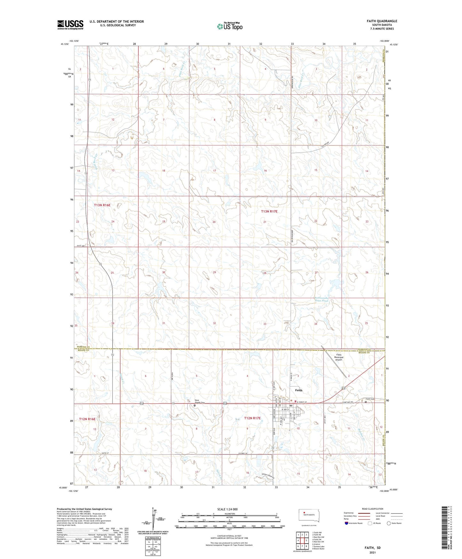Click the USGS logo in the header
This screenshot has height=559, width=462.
pyautogui.click(x=70, y=25)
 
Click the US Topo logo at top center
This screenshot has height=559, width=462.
pyautogui.click(x=230, y=26)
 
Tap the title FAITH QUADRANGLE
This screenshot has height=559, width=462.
pyautogui.click(x=382, y=21)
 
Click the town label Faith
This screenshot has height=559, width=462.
pyautogui.click(x=298, y=390)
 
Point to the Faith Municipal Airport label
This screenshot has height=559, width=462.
pyautogui.click(x=338, y=357)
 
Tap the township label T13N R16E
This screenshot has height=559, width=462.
pyautogui.click(x=102, y=205)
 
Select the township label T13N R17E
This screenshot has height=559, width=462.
pyautogui.click(x=269, y=211)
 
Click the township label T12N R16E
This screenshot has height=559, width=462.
pyautogui.click(x=87, y=419)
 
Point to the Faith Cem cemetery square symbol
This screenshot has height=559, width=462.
pyautogui.click(x=366, y=402)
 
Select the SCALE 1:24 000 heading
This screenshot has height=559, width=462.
pyautogui.click(x=227, y=509)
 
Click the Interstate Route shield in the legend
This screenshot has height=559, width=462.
pyautogui.click(x=347, y=523)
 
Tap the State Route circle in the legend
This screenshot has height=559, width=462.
pyautogui.click(x=389, y=523)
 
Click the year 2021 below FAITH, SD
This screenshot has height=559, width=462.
pyautogui.click(x=372, y=552)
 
